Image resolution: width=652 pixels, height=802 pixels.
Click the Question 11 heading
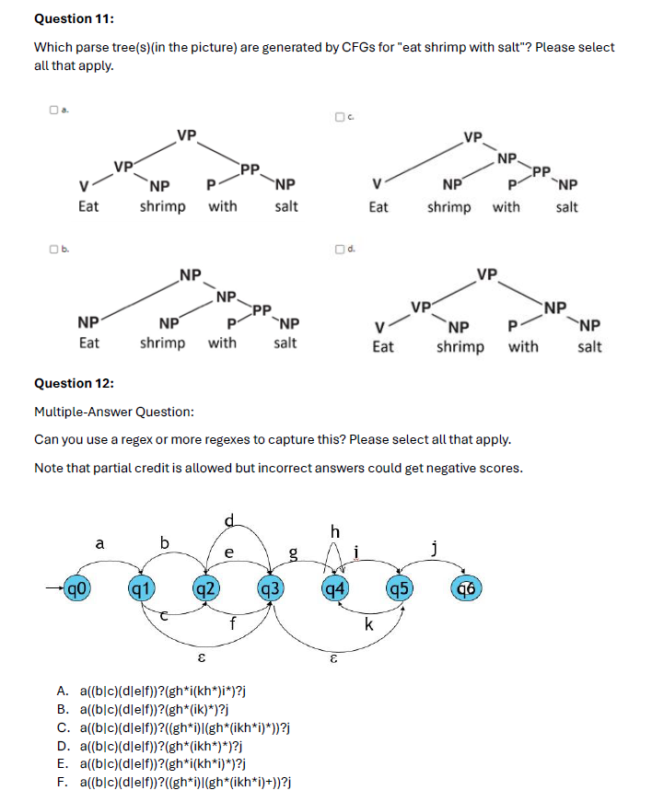(75, 18)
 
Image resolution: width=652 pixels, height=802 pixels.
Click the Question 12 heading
(75, 383)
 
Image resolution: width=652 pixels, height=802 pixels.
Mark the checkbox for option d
(339, 249)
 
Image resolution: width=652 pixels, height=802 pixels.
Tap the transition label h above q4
(334, 531)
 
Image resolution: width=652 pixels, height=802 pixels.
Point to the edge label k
(367, 625)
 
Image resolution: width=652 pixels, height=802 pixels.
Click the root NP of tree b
(191, 273)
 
